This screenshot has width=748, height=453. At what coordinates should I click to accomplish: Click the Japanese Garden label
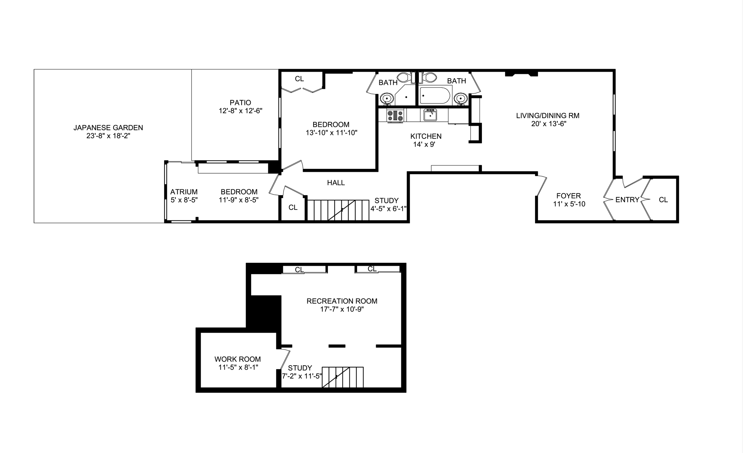[x=108, y=128]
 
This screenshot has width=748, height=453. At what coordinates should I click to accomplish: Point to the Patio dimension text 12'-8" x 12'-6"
[x=240, y=111]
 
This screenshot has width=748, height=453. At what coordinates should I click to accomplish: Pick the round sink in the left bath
[x=386, y=99]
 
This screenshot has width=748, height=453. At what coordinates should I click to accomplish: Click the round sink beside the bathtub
[x=461, y=99]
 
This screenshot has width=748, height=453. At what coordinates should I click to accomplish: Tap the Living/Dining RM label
[x=548, y=116]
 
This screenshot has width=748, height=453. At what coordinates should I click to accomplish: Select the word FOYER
[x=568, y=196]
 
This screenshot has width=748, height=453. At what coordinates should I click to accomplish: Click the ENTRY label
[x=627, y=200]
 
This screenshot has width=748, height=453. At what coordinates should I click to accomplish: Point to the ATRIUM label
[x=184, y=192]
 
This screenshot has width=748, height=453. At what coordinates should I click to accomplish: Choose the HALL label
[x=336, y=183]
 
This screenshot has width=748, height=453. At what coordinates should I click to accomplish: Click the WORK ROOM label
[x=238, y=359]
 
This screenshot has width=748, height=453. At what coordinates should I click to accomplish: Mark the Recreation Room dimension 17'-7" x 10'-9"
[x=342, y=309]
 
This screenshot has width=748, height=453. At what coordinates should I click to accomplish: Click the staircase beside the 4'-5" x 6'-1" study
[x=338, y=210]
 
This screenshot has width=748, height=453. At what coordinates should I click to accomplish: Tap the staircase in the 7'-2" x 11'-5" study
[x=343, y=377]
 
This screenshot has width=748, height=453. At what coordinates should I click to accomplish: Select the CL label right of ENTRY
[x=663, y=200]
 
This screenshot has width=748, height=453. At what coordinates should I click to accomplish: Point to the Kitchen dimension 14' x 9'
[x=424, y=144]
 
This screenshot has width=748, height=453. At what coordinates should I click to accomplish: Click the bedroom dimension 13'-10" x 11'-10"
[x=331, y=133]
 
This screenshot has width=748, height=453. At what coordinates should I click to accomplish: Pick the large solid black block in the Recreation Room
[x=264, y=312]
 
